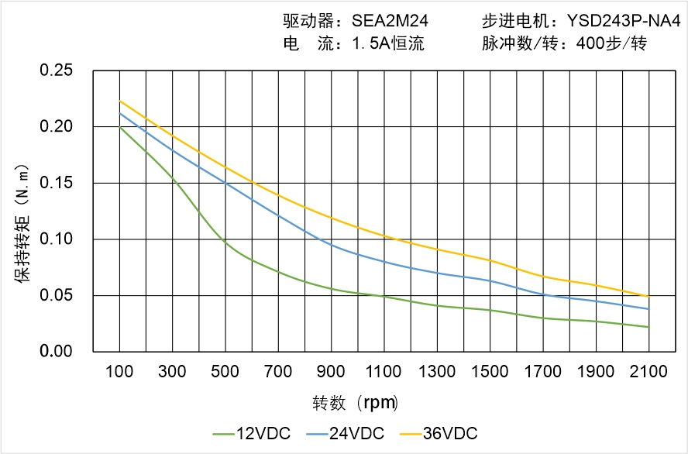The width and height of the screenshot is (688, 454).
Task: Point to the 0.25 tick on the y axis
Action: point(56,71)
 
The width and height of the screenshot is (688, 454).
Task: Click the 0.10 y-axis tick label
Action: point(56,239)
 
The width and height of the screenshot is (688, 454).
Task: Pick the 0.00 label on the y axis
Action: point(56,351)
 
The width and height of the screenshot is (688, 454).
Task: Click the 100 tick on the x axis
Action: point(119,372)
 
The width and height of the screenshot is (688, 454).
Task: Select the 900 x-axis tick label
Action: point(332,372)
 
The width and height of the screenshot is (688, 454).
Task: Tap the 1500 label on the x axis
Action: point(490,372)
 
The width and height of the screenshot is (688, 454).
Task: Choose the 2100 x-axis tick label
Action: point(648,372)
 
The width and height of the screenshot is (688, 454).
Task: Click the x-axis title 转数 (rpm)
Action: point(355,404)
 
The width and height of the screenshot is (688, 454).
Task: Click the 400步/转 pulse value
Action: point(611,44)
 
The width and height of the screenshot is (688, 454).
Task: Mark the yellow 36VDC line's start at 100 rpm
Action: point(119,101)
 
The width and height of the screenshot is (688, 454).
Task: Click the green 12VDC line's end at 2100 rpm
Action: point(648,327)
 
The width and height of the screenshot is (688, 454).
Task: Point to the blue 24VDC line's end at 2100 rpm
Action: point(648,309)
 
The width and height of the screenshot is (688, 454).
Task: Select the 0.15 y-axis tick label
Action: point(56,183)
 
